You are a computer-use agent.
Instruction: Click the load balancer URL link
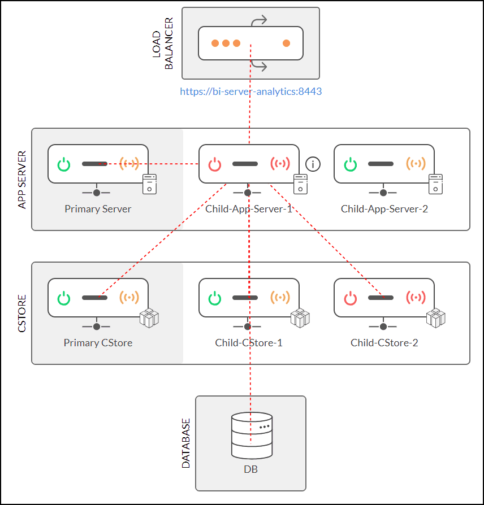(x=250, y=91)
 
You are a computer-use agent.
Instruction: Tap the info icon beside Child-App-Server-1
(x=313, y=164)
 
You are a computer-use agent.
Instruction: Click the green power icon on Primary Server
(x=64, y=164)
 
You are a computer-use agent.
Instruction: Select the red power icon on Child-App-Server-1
(x=215, y=164)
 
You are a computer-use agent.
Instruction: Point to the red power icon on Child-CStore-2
(x=351, y=298)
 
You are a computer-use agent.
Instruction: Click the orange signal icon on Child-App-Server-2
(x=416, y=164)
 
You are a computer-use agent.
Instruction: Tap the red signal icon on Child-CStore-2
(x=416, y=298)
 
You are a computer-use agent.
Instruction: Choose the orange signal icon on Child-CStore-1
(x=280, y=298)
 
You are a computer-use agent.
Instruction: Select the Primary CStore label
(x=98, y=343)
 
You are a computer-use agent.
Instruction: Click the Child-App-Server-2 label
(x=384, y=209)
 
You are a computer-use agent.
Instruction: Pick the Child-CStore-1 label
(x=249, y=343)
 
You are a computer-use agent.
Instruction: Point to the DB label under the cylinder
(x=250, y=469)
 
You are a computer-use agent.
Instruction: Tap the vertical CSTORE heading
(x=23, y=312)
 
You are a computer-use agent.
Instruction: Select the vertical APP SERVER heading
(x=23, y=180)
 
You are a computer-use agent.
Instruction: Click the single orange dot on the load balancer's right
(x=287, y=43)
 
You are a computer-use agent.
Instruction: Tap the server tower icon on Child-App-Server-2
(x=435, y=184)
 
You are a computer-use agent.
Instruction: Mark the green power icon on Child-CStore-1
(x=215, y=298)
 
